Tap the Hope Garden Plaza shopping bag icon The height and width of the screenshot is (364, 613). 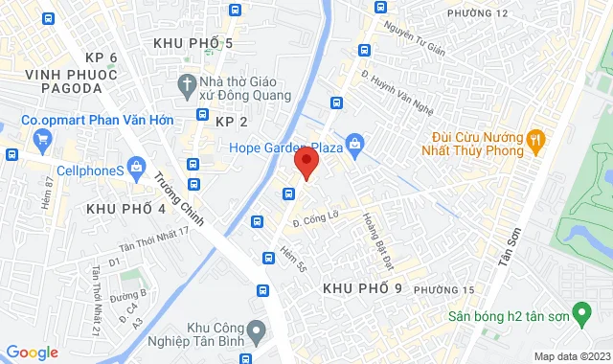tap(355, 147)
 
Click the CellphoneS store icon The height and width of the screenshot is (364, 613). tap(137, 170)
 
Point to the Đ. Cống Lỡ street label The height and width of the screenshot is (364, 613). tap(317, 221)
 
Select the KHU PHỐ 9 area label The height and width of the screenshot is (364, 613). tap(361, 288)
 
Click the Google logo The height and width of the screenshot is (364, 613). tap(32, 353)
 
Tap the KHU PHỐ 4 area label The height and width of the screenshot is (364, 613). tap(125, 208)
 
